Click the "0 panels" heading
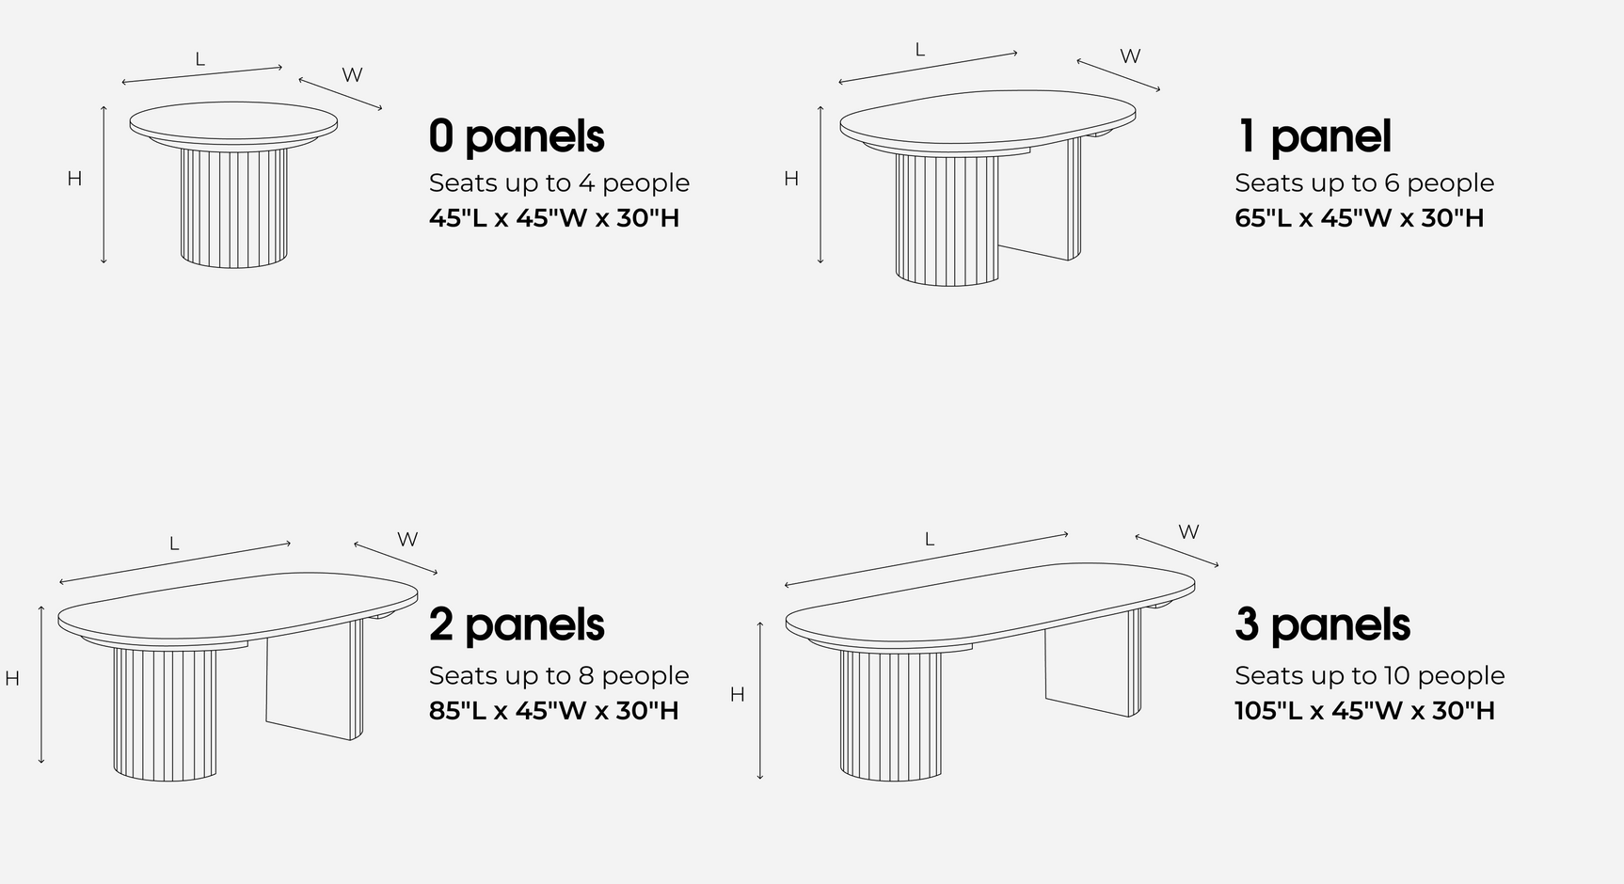coord(517,136)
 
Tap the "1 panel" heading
coord(1313,136)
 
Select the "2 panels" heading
coord(517,624)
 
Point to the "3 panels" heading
coord(1322,624)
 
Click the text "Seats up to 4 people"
coord(559,182)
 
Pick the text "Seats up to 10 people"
coord(1369,675)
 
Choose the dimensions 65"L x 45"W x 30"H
coord(1359,218)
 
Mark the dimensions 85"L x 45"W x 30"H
coord(553,710)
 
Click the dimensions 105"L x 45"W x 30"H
coord(1364,710)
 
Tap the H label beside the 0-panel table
coord(74,179)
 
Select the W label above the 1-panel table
coord(1130,56)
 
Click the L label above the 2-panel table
coord(174,544)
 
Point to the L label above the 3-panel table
coord(929,539)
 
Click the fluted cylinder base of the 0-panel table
coord(234,207)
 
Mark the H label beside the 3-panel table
coord(737,694)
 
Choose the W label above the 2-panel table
coord(406,540)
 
